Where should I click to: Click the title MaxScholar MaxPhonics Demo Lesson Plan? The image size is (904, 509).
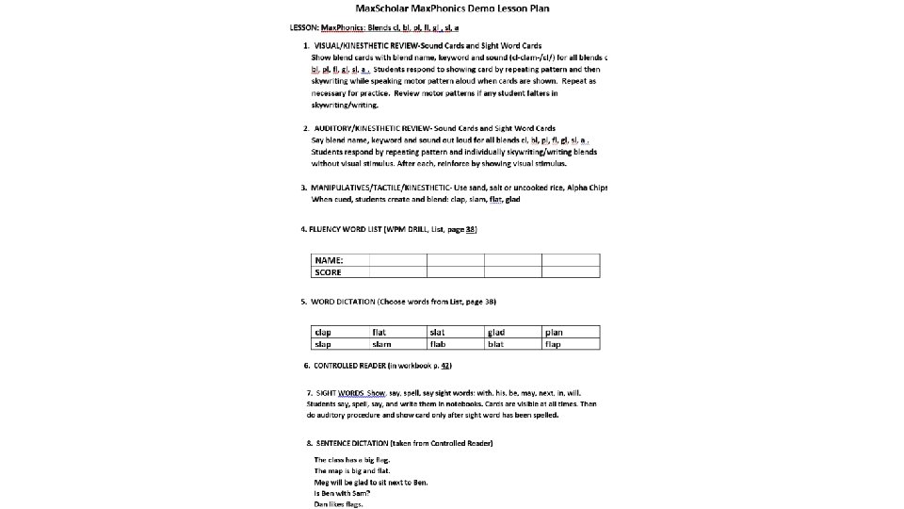tap(453, 8)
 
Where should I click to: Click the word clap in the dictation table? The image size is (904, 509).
tap(323, 332)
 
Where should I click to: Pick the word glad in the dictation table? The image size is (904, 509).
tap(496, 332)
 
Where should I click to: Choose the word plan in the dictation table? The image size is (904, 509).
tap(554, 332)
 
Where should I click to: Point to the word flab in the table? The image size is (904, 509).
tap(438, 344)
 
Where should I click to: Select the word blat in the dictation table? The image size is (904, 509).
tap(495, 344)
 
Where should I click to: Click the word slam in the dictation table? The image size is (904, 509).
tap(381, 344)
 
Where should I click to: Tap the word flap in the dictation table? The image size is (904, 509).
tap(553, 344)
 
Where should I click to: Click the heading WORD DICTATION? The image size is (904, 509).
tap(343, 302)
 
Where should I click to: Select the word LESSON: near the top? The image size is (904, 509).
tap(303, 27)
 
